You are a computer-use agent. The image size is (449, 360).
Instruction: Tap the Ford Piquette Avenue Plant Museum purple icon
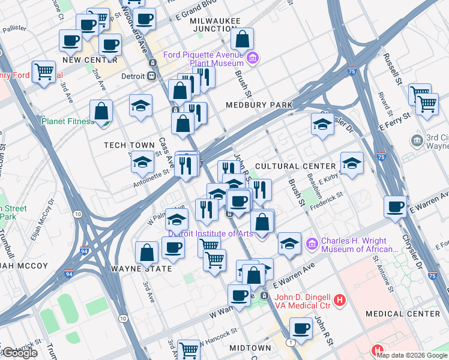[x=253, y=58]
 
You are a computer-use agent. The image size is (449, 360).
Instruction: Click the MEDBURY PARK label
[x=259, y=105]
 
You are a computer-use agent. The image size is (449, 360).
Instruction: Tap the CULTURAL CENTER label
[x=295, y=166]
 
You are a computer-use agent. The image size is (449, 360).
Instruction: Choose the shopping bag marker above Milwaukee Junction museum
[x=242, y=40]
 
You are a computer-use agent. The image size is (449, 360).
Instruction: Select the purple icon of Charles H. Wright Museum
[x=312, y=244]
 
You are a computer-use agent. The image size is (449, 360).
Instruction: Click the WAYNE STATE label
[x=141, y=269]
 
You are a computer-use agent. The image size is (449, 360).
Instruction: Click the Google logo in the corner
[x=19, y=353]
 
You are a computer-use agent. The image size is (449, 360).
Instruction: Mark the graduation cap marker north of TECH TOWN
[x=140, y=106]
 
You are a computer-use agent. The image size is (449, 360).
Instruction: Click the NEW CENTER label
[x=89, y=60]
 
